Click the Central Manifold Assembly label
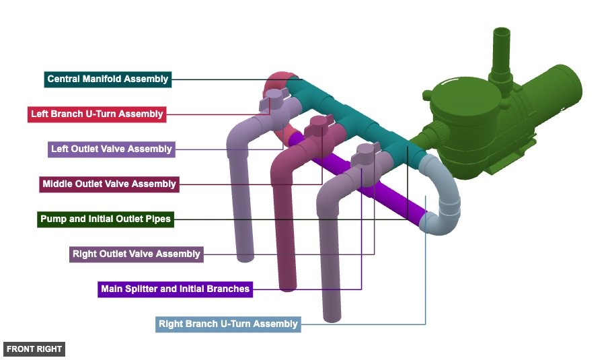[x=108, y=79]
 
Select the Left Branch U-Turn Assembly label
[x=97, y=114]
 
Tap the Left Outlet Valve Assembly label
[x=112, y=149]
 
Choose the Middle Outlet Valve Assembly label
[x=109, y=184]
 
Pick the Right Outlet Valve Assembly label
[x=137, y=254]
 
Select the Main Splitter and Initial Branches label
[x=175, y=289]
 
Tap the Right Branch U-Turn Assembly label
[x=227, y=324]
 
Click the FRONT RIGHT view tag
[x=34, y=349]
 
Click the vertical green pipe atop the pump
[x=501, y=50]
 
